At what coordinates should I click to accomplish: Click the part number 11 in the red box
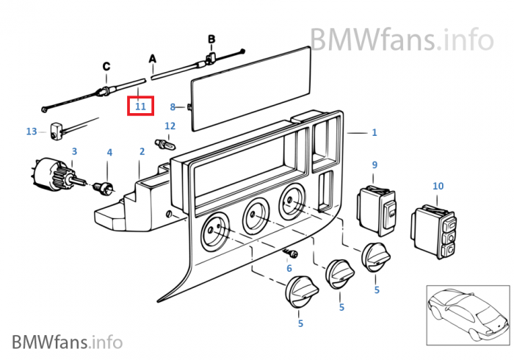pos(140,107)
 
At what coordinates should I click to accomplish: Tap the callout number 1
pos(374,133)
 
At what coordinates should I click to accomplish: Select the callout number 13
pos(31,132)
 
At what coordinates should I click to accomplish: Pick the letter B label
pos(211,38)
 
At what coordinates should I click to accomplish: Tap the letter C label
pos(106,66)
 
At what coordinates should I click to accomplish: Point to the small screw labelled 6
pos(288,253)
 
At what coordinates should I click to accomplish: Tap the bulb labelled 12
pos(164,143)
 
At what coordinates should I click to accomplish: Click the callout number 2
pos(142,152)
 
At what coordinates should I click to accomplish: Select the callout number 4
pos(109,153)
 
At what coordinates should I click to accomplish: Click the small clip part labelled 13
pos(56,134)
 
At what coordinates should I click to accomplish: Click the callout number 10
pos(438,187)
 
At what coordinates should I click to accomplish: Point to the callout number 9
pos(374,165)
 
